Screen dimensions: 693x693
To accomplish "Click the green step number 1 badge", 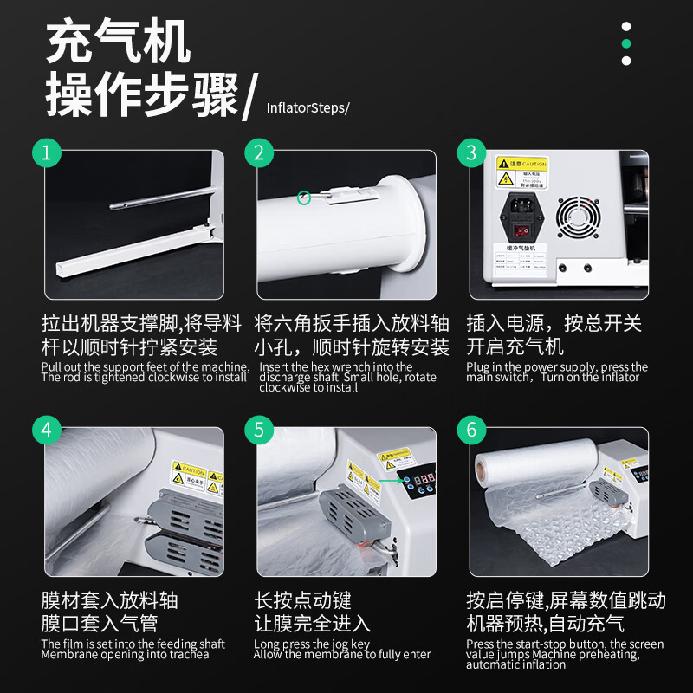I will point(48,152).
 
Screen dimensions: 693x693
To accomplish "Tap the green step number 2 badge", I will point(259,152).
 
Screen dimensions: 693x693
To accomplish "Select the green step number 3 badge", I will point(471,152).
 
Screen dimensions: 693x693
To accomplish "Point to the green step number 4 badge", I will point(48,430).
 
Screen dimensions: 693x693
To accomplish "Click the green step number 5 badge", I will point(259,430).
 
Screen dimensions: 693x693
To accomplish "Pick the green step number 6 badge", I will point(471,430).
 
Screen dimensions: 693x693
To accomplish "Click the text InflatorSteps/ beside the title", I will point(308,108).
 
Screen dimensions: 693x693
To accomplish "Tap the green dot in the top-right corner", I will point(626,43).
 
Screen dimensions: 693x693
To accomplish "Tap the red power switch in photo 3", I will point(521,230).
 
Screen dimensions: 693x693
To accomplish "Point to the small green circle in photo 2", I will point(304,198).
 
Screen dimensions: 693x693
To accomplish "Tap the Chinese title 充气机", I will point(118,42).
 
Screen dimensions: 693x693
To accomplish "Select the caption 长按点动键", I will point(302,600).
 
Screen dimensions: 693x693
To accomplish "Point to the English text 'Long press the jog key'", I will point(312,644).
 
